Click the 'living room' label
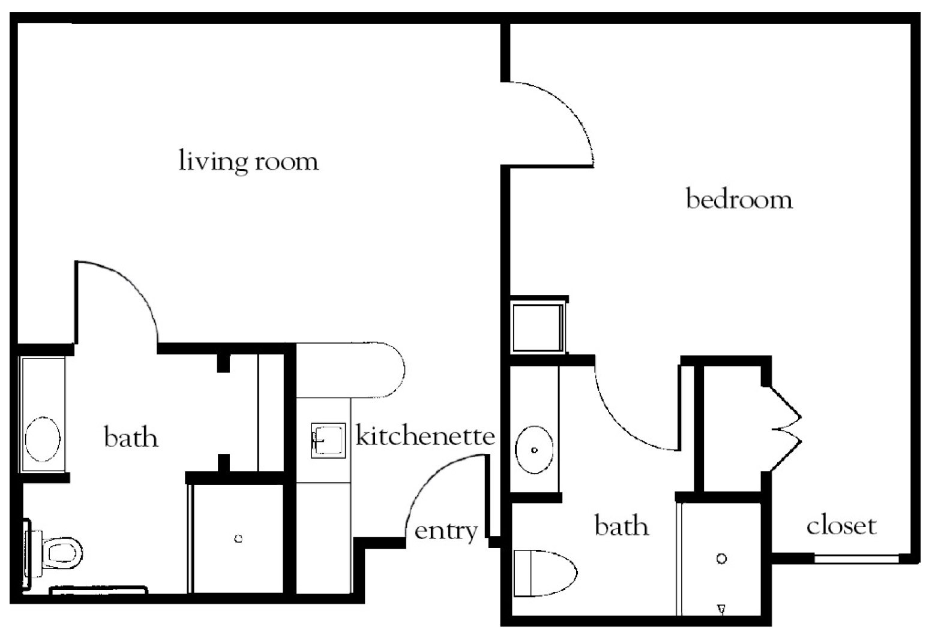coord(248,161)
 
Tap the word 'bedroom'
coord(739,198)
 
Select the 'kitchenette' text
coord(425,435)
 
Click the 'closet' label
coord(841,526)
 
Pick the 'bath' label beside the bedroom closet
coord(621,526)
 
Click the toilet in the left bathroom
coord(60,551)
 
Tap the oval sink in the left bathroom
coord(42,439)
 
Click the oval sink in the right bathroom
coord(534,449)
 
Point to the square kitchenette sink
coord(328,440)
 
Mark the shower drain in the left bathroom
coord(238,539)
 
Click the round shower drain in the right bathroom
coord(722,559)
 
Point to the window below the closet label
coord(856,559)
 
